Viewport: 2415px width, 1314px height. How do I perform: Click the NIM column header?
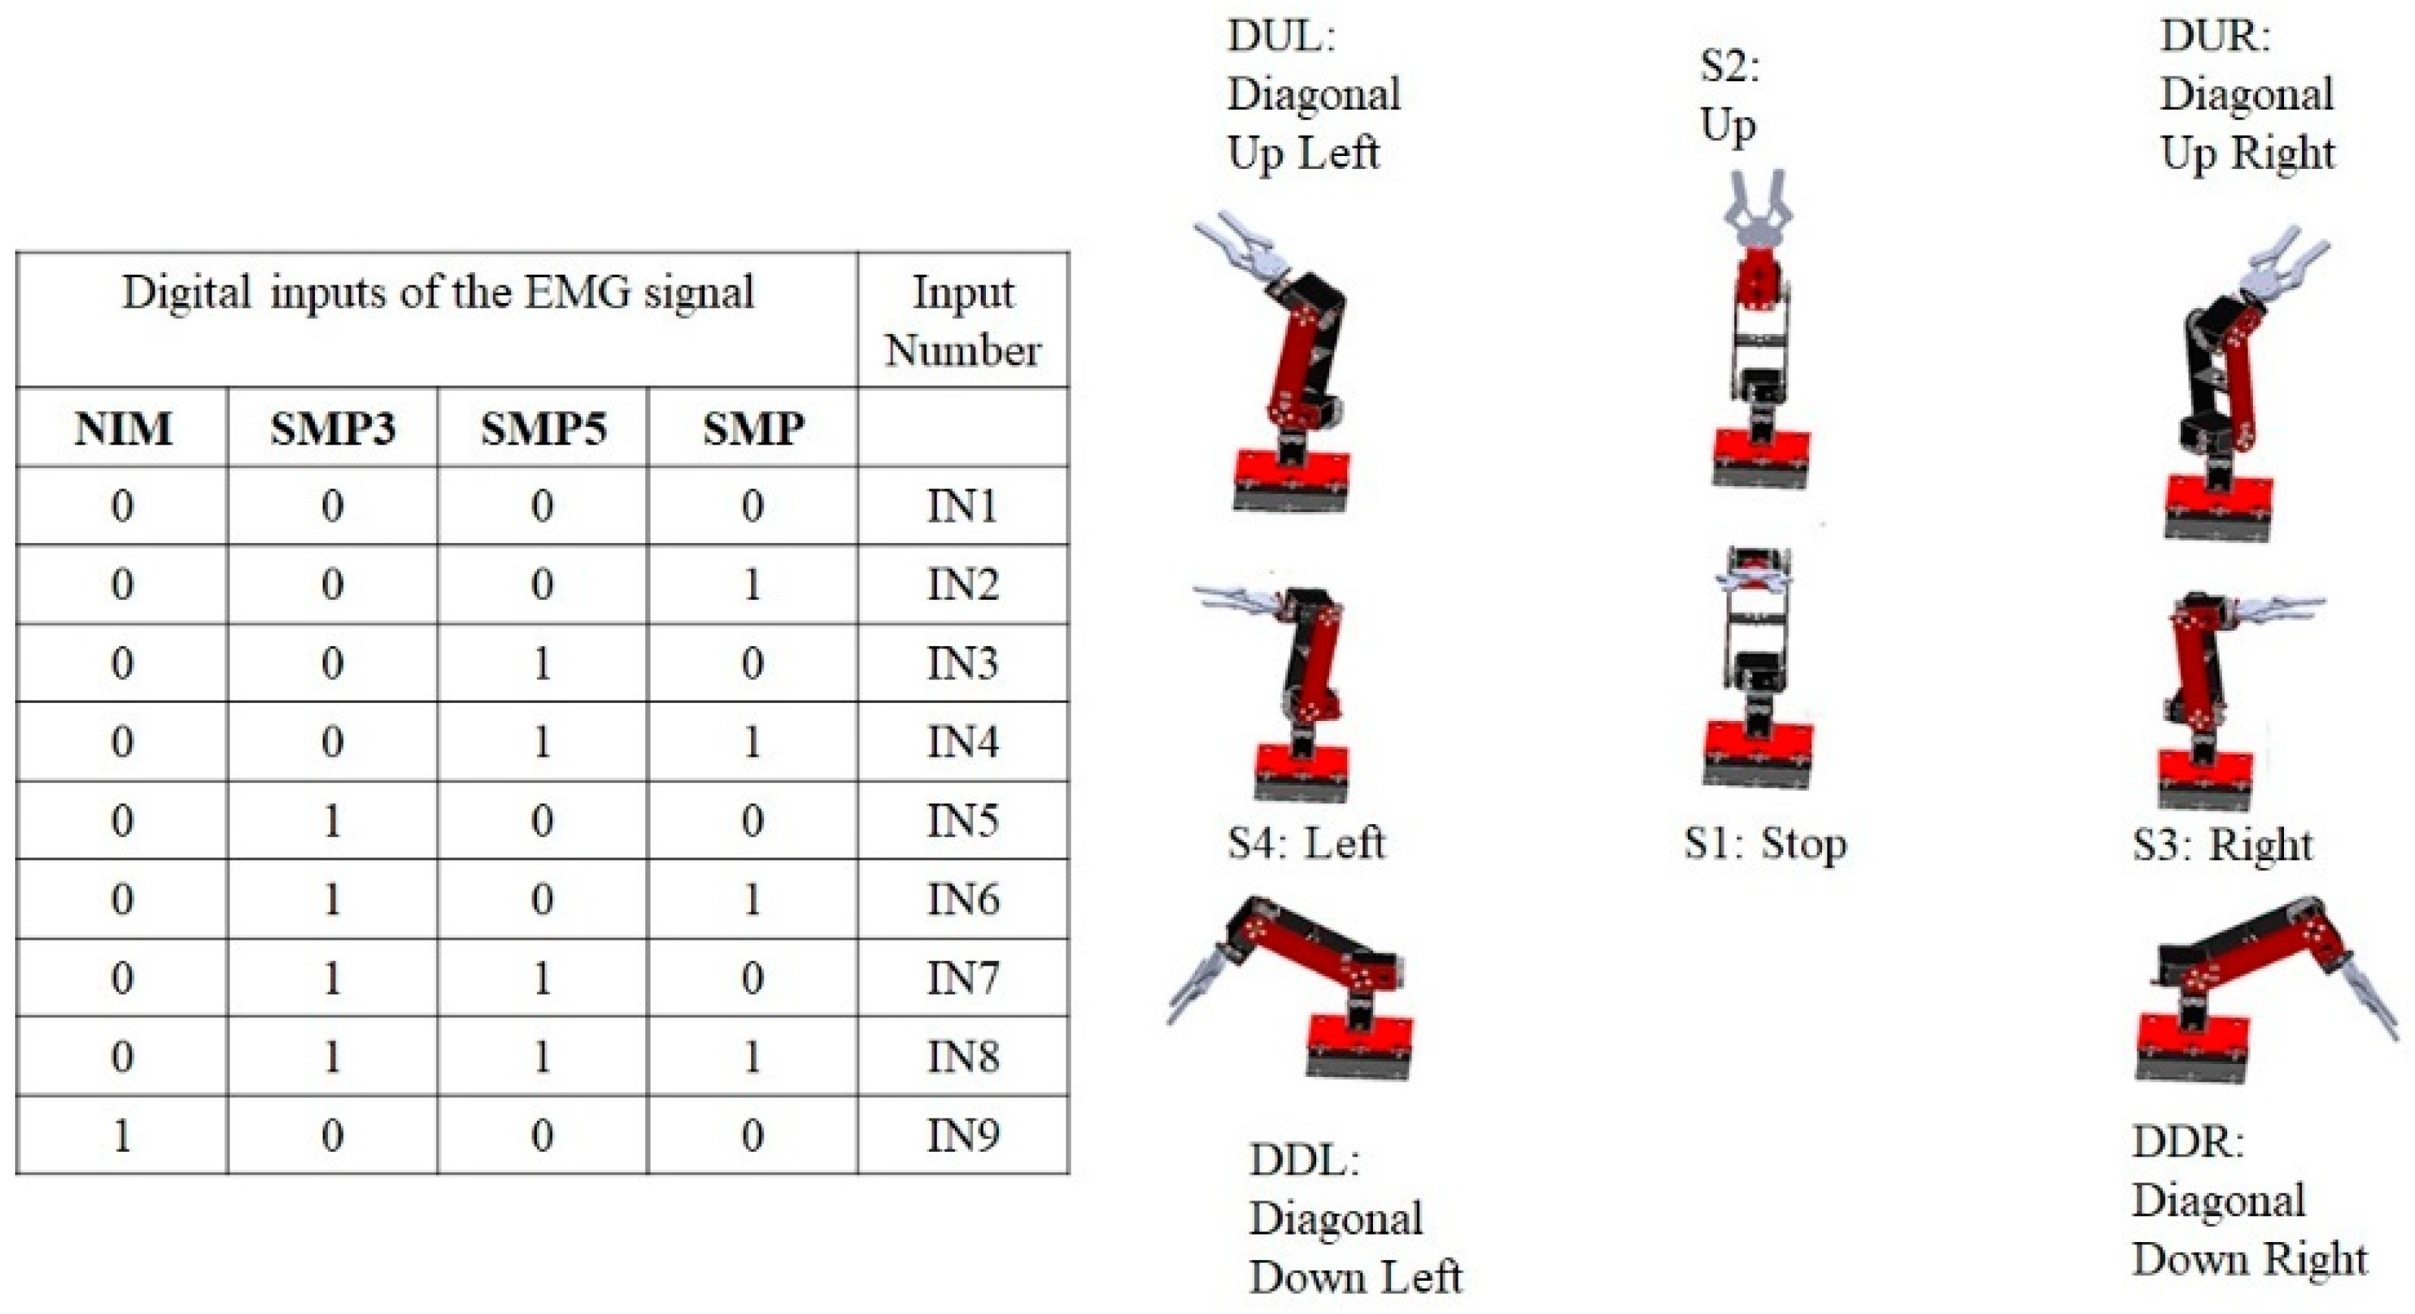[123, 429]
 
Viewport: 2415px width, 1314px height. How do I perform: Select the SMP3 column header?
[332, 429]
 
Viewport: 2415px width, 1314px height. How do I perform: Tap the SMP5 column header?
[543, 429]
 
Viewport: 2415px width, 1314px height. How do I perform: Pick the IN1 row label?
[963, 507]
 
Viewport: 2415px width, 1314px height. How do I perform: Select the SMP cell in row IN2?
[752, 585]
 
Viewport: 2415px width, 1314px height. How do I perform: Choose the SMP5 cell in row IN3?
[542, 664]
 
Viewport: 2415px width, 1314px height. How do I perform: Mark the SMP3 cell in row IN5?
[332, 822]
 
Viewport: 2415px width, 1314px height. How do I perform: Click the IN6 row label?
[963, 900]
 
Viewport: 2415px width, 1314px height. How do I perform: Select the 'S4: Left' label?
[1306, 843]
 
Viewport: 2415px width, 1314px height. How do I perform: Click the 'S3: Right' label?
[2222, 845]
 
